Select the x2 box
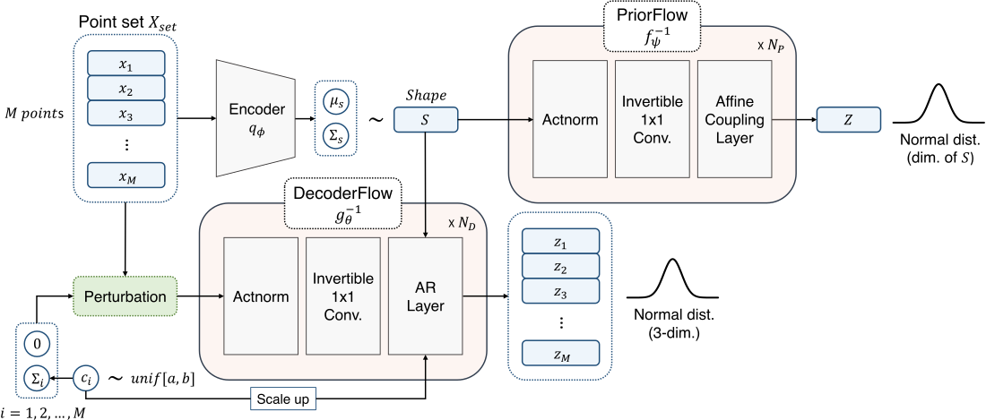point(126,88)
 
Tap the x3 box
point(126,113)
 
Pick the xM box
point(126,176)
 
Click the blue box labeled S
point(426,119)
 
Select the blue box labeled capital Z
point(848,119)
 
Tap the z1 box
point(560,242)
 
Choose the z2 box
point(560,266)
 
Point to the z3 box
point(560,291)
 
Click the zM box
point(560,354)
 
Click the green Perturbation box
point(125,296)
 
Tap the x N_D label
point(460,222)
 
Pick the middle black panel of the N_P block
point(655,119)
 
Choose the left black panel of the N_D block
point(263,296)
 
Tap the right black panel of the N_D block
point(426,296)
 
